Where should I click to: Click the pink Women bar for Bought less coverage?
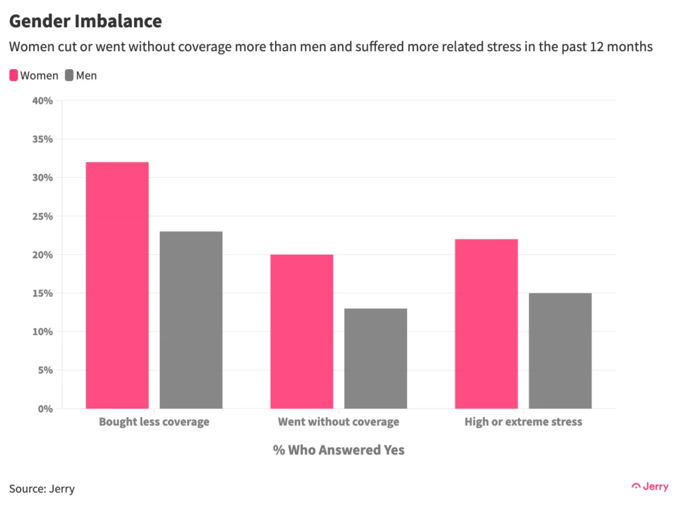point(118,286)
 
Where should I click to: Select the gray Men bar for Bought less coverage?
point(191,320)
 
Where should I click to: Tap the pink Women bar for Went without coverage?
point(301,331)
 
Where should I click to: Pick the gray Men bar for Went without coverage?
point(375,359)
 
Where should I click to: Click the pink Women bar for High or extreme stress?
point(486,324)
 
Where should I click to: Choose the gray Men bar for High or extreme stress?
point(560,351)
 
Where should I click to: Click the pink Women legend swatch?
point(14,76)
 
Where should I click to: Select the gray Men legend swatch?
point(69,76)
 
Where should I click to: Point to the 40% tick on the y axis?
point(42,101)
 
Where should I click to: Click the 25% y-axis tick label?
point(42,216)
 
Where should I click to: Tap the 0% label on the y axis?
point(45,409)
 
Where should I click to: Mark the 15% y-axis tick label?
point(42,294)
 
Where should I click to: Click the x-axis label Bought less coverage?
point(154,422)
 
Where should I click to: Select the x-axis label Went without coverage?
point(339,422)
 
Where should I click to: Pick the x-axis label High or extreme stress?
point(523,422)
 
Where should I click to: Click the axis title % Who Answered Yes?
point(339,450)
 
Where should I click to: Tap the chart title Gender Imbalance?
point(86,21)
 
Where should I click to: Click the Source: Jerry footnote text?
point(42,489)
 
